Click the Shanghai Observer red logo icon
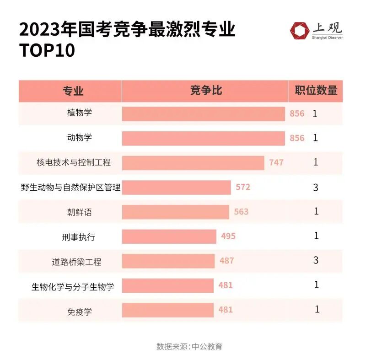pyautogui.click(x=299, y=30)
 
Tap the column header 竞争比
pyautogui.click(x=205, y=91)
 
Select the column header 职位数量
pyautogui.click(x=316, y=91)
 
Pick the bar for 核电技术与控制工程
pyautogui.click(x=193, y=162)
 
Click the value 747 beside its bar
pyautogui.click(x=276, y=162)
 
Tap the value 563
pyautogui.click(x=241, y=212)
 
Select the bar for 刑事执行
pyautogui.click(x=169, y=236)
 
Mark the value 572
pyautogui.click(x=243, y=187)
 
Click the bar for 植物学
pyautogui.click(x=203, y=113)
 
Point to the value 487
pyautogui.click(x=226, y=261)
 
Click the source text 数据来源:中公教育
pyautogui.click(x=189, y=346)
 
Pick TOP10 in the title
pyautogui.click(x=47, y=51)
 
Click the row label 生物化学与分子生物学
pyautogui.click(x=73, y=287)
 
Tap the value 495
pyautogui.click(x=228, y=236)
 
